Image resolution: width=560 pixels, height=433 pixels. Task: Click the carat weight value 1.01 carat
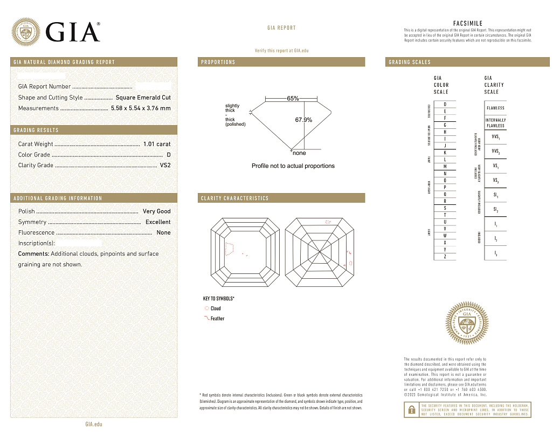pyautogui.click(x=157, y=144)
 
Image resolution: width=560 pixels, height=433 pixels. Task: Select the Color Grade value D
pyautogui.click(x=169, y=155)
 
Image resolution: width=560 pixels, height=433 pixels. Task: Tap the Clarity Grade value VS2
pyautogui.click(x=165, y=166)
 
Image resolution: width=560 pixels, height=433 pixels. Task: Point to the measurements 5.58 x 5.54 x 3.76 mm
pyautogui.click(x=140, y=108)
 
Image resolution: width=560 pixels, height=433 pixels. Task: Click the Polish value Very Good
pyautogui.click(x=156, y=211)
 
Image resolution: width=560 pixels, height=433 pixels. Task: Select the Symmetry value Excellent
pyautogui.click(x=158, y=222)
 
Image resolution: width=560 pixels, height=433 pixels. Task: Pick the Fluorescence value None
pyautogui.click(x=163, y=233)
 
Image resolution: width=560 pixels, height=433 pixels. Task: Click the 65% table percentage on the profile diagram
pyautogui.click(x=293, y=99)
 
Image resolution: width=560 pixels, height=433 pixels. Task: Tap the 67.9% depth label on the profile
pyautogui.click(x=303, y=120)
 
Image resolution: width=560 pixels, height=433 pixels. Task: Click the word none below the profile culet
pyautogui.click(x=299, y=153)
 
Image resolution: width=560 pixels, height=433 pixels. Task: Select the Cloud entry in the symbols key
pyautogui.click(x=215, y=308)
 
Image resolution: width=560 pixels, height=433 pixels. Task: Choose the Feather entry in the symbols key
pyautogui.click(x=217, y=319)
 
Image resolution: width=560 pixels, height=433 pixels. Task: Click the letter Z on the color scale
pyautogui.click(x=445, y=257)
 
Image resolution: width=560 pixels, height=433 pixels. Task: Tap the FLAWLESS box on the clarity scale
pyautogui.click(x=495, y=108)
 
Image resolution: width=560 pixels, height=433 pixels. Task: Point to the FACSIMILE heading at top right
pyautogui.click(x=467, y=23)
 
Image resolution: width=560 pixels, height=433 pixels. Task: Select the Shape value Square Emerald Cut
pyautogui.click(x=143, y=98)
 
